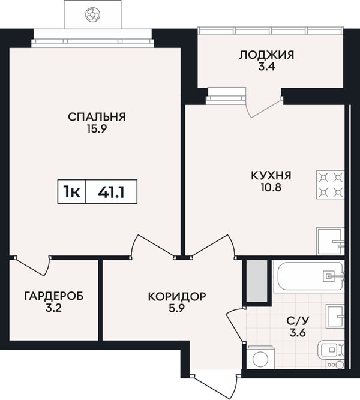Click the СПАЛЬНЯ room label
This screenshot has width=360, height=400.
click(97, 117)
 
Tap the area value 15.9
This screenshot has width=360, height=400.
click(97, 129)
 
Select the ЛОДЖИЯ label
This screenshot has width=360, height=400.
click(266, 55)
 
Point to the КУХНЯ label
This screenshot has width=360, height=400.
click(271, 176)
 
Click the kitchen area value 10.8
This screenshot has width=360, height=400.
click(271, 188)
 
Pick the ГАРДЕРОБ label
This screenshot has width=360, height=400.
click(54, 296)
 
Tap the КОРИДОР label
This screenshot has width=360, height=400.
click(177, 297)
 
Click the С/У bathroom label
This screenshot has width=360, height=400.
click(298, 321)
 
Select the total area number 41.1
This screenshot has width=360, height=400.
click(112, 192)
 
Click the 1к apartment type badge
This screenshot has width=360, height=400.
click(72, 191)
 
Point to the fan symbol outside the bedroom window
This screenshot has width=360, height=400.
click(92, 14)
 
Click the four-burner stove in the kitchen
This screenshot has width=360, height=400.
click(331, 185)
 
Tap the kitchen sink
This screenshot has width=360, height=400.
click(331, 241)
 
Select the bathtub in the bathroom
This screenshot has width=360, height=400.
click(308, 276)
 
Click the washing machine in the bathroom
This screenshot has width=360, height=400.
click(260, 357)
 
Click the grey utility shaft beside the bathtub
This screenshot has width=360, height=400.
click(257, 281)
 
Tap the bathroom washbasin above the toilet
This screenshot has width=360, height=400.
click(335, 316)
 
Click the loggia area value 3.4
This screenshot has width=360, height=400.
click(266, 67)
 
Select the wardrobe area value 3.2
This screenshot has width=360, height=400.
click(53, 308)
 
